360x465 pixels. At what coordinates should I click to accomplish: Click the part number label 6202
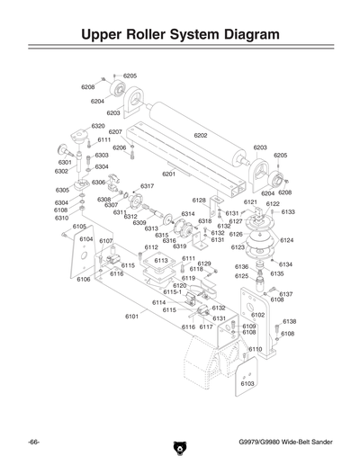click(201, 135)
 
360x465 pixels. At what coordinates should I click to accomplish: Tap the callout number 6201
click(168, 174)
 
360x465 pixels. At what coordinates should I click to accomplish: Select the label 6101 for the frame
click(131, 316)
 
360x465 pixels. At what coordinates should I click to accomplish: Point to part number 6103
click(247, 384)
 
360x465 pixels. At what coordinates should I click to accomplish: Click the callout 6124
click(287, 240)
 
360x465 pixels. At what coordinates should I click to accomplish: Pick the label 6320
click(98, 126)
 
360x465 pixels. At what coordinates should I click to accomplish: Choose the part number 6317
click(148, 185)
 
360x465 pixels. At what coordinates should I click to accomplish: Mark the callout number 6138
click(290, 321)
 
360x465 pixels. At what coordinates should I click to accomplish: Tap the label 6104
click(86, 239)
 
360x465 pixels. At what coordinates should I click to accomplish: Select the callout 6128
click(200, 200)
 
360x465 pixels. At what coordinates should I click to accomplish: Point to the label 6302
click(61, 171)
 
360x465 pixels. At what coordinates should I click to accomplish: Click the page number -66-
click(33, 444)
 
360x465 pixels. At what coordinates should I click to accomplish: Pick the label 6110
click(255, 349)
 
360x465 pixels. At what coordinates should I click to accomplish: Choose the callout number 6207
click(115, 132)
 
